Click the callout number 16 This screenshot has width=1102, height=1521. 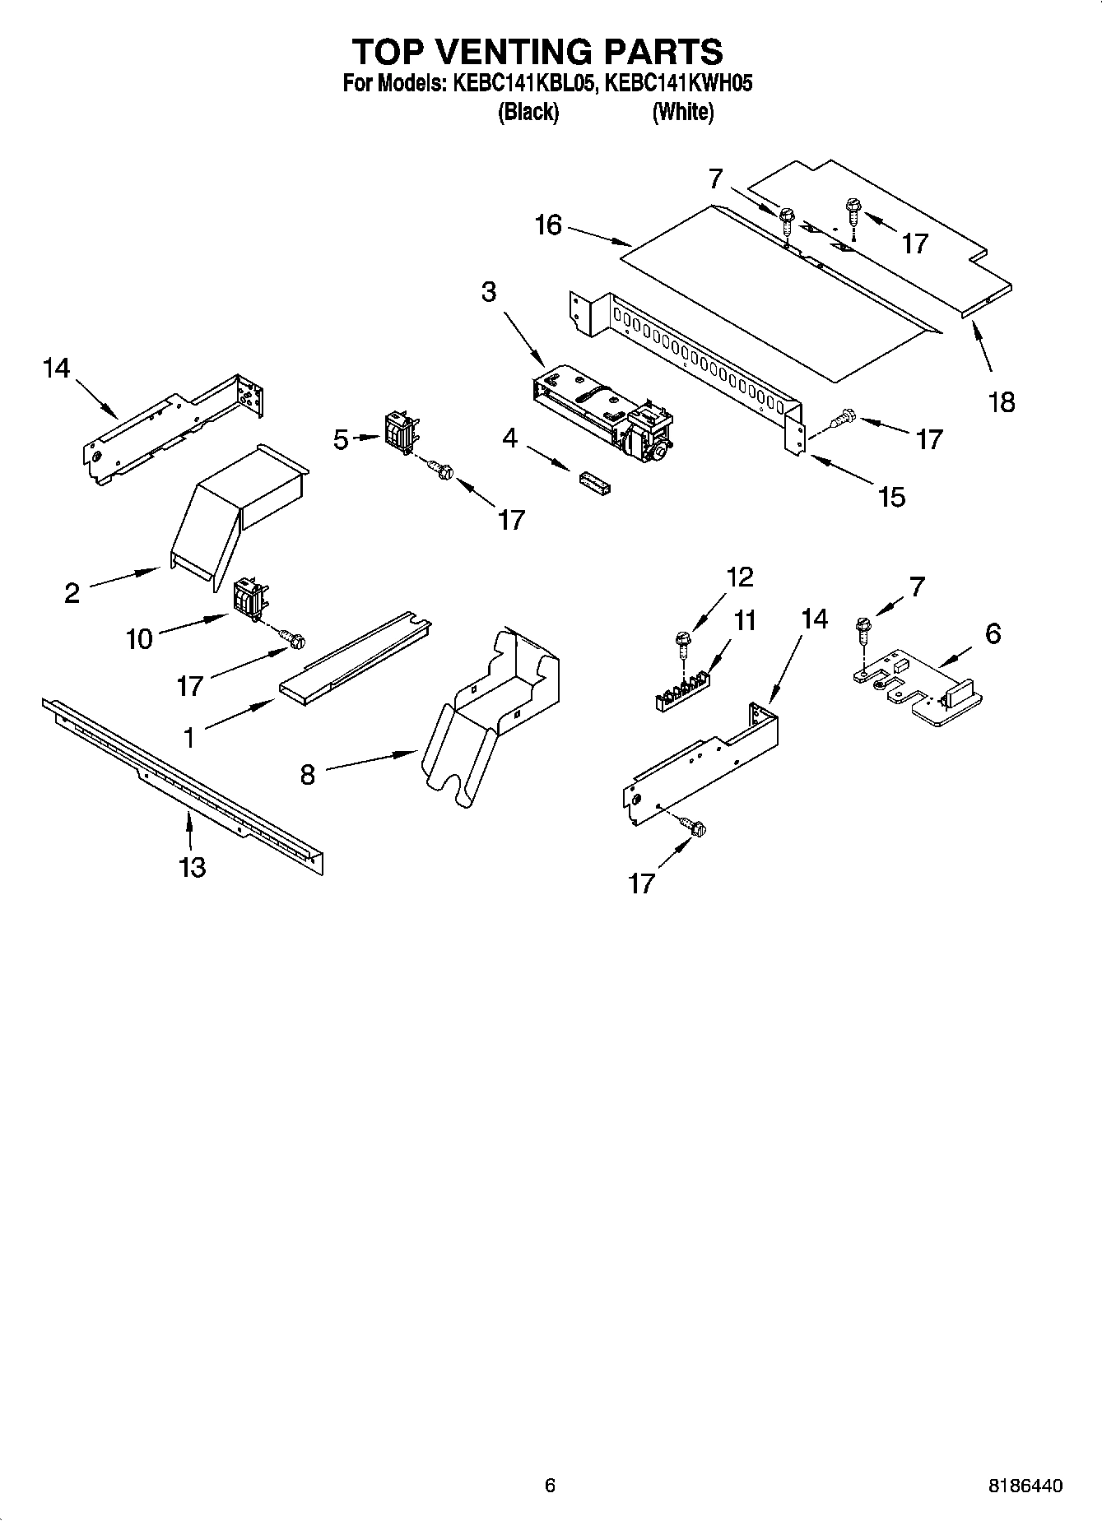tap(548, 225)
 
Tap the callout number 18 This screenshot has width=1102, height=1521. tap(1002, 402)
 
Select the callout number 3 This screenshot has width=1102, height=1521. tap(489, 291)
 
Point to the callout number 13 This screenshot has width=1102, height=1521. tap(192, 866)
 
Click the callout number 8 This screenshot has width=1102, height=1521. tap(307, 774)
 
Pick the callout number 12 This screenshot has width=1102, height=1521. tap(740, 577)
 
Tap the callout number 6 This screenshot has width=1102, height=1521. tap(993, 633)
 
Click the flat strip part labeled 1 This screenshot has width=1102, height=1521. tap(354, 658)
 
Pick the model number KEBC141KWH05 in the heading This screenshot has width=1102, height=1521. tap(679, 83)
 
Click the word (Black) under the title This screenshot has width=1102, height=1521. tap(528, 112)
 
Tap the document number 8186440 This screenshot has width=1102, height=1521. tap(1025, 1485)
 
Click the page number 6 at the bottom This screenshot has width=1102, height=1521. tap(551, 1485)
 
